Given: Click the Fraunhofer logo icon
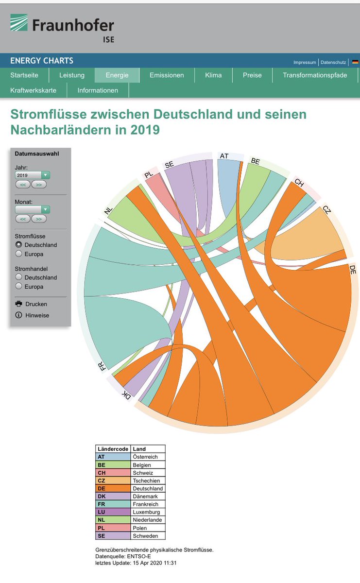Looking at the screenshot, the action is coord(19,22).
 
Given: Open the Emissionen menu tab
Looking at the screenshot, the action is coord(167,75).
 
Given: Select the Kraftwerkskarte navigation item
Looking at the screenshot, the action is coord(34,90).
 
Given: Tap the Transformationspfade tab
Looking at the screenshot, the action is coord(315,75).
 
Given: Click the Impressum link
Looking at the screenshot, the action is coord(305,63).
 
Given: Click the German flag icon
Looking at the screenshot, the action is coord(355,62).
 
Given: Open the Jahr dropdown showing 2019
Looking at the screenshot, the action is coord(32,175).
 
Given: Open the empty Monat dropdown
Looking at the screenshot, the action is coord(32,209).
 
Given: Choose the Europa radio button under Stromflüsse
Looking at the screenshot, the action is coord(18,254).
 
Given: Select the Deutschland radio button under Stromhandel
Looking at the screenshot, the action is coord(18,277).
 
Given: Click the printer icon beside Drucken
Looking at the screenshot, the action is coord(18,304).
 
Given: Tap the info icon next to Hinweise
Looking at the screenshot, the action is coord(18,315).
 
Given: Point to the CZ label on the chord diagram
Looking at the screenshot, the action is coord(326,209).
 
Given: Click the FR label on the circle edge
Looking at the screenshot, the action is coord(103,366).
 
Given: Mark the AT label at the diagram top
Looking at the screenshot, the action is coord(224,156).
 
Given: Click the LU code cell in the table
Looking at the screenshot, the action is coord(113,512).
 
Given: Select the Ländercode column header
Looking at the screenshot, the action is coord(113,449).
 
